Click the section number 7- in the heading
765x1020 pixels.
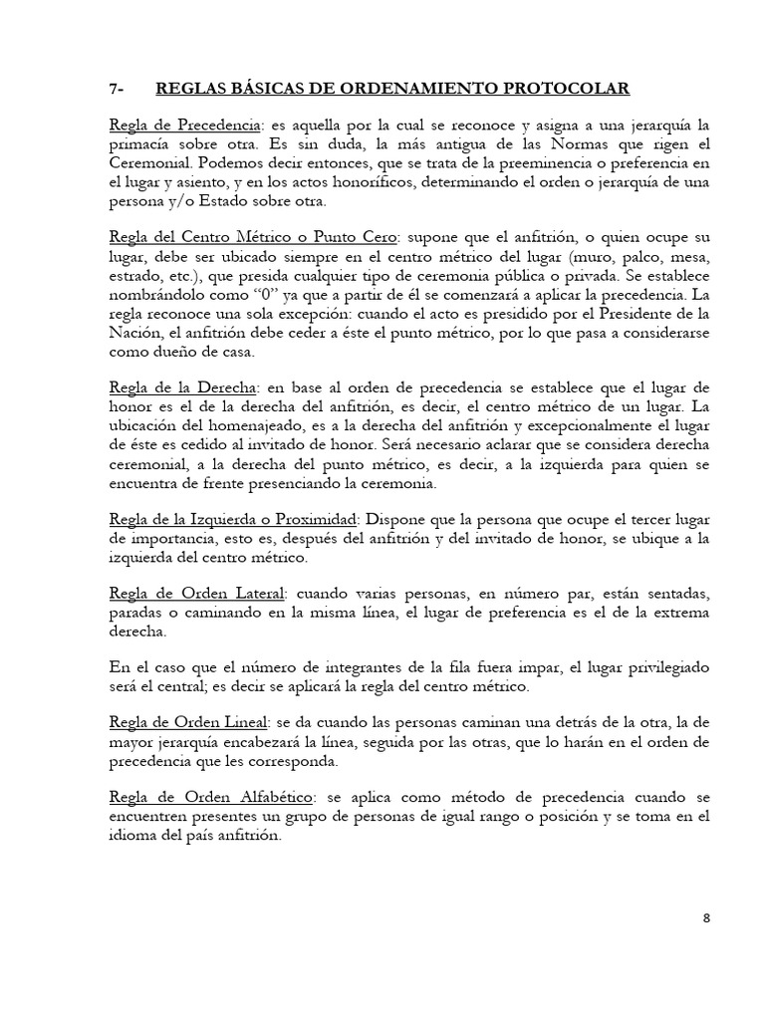pyautogui.click(x=118, y=90)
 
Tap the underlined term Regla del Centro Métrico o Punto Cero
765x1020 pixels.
pyautogui.click(x=254, y=236)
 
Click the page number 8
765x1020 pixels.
pyautogui.click(x=706, y=918)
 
